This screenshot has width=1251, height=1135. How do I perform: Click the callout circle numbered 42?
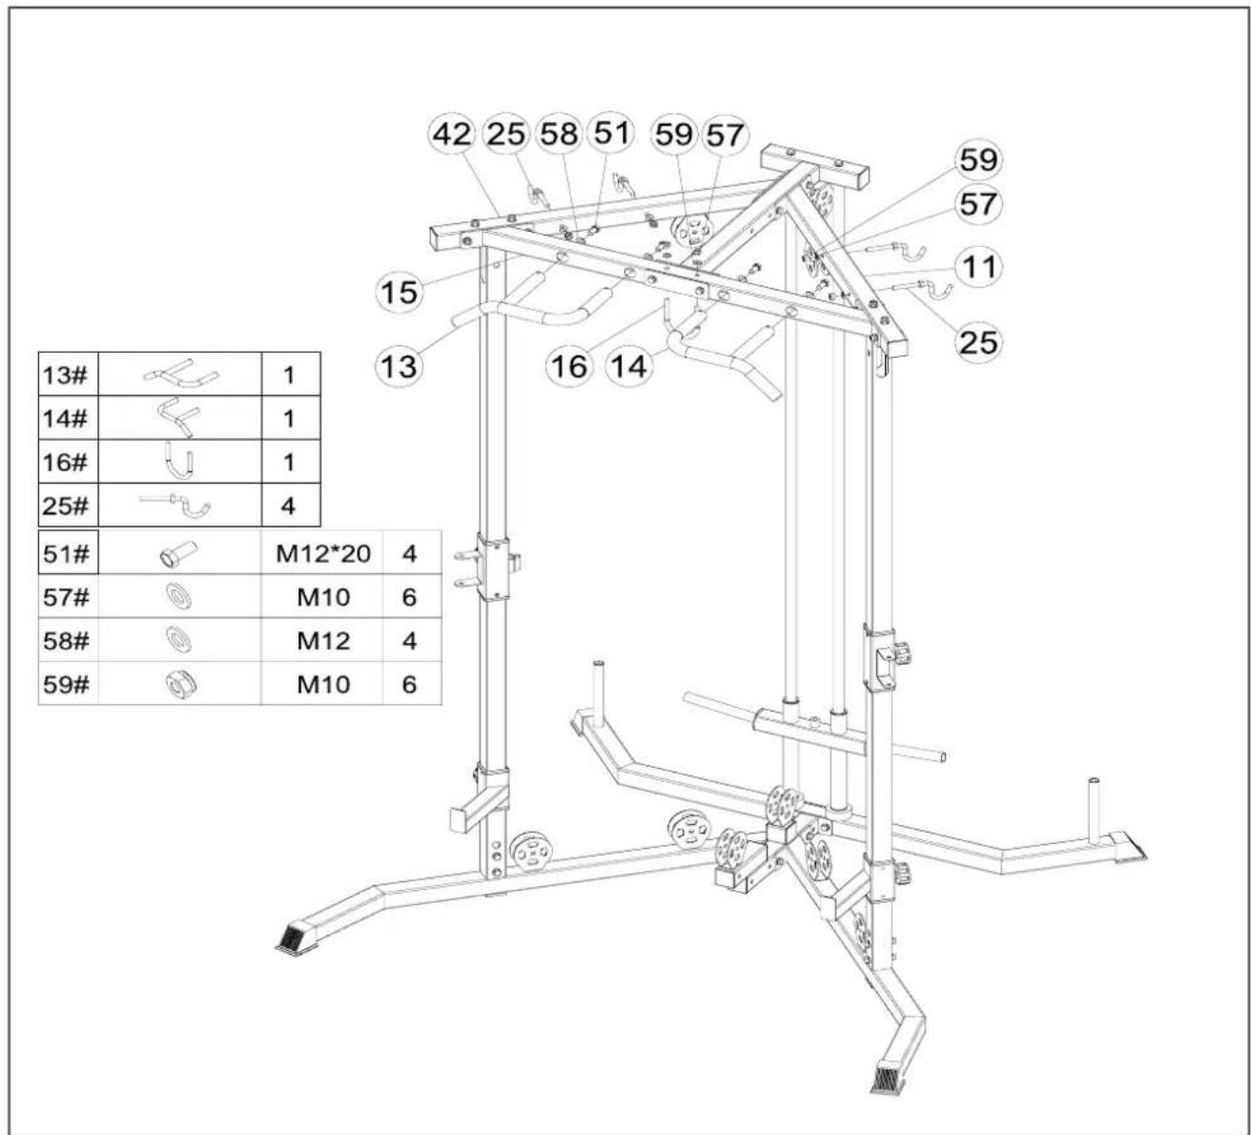[452, 134]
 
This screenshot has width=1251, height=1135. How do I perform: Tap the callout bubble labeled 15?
[400, 292]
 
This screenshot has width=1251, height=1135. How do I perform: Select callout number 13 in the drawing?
[400, 365]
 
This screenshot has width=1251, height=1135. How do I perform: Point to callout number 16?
[569, 365]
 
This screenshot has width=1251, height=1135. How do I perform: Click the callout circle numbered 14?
[629, 365]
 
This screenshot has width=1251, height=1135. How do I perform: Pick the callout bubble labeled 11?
[978, 267]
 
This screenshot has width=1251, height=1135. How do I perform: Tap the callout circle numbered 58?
[559, 134]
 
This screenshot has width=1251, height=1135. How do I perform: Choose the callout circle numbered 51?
[610, 133]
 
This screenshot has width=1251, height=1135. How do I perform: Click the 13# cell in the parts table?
[68, 375]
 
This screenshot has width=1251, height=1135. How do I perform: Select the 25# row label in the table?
[68, 505]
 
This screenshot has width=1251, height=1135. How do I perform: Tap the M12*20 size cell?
[323, 553]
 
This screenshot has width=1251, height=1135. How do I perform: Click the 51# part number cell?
[68, 553]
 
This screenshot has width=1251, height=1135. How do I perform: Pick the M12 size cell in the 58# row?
[323, 640]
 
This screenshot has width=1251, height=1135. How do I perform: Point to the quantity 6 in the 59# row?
[409, 684]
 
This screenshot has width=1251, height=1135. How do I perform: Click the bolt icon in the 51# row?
[178, 553]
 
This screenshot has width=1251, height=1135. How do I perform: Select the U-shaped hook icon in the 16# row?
[179, 461]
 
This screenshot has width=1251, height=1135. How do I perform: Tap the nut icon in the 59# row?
[181, 685]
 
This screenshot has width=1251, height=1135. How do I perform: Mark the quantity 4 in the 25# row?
[288, 505]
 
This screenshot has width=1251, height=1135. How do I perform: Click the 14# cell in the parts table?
[68, 418]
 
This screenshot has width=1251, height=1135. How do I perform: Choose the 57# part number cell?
[68, 596]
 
